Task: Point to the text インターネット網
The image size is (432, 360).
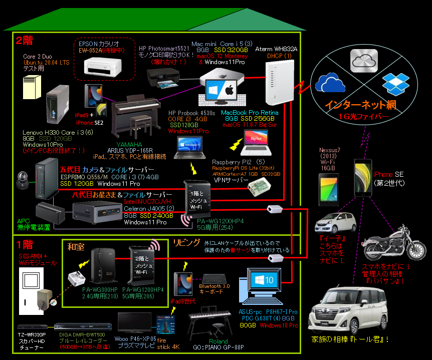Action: point(360,106)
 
